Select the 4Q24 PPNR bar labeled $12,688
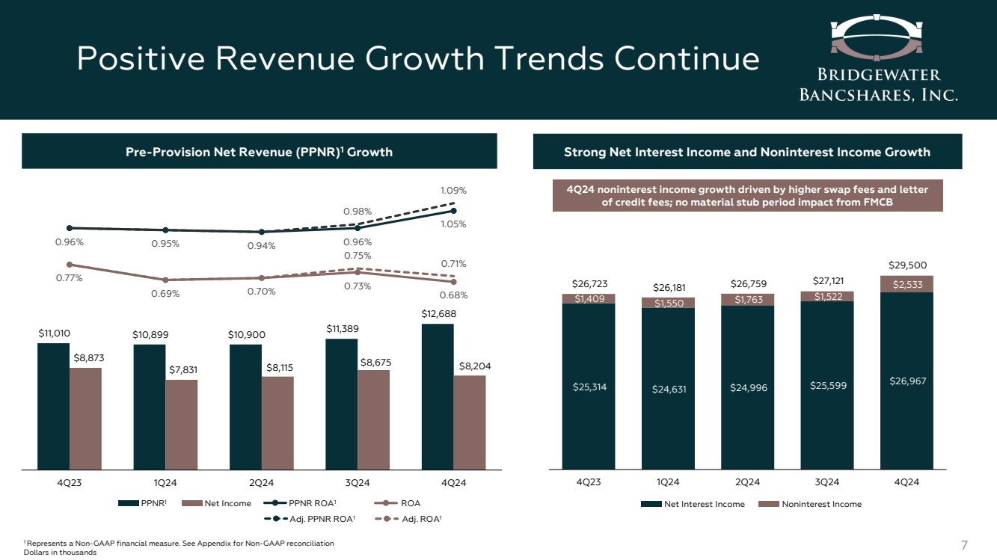pyautogui.click(x=438, y=396)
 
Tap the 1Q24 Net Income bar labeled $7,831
pyautogui.click(x=182, y=424)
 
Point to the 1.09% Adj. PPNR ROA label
pyautogui.click(x=453, y=191)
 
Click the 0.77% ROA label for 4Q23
pyautogui.click(x=70, y=278)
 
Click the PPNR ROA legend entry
pyautogui.click(x=312, y=503)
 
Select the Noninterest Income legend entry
pyautogui.click(x=815, y=504)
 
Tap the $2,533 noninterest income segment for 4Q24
pyautogui.click(x=906, y=283)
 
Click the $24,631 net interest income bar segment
pyautogui.click(x=668, y=389)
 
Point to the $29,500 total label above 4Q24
pyautogui.click(x=906, y=265)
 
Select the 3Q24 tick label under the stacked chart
pyautogui.click(x=827, y=482)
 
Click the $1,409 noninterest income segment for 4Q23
pyautogui.click(x=589, y=298)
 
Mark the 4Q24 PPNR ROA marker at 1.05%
pyautogui.click(x=454, y=211)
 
